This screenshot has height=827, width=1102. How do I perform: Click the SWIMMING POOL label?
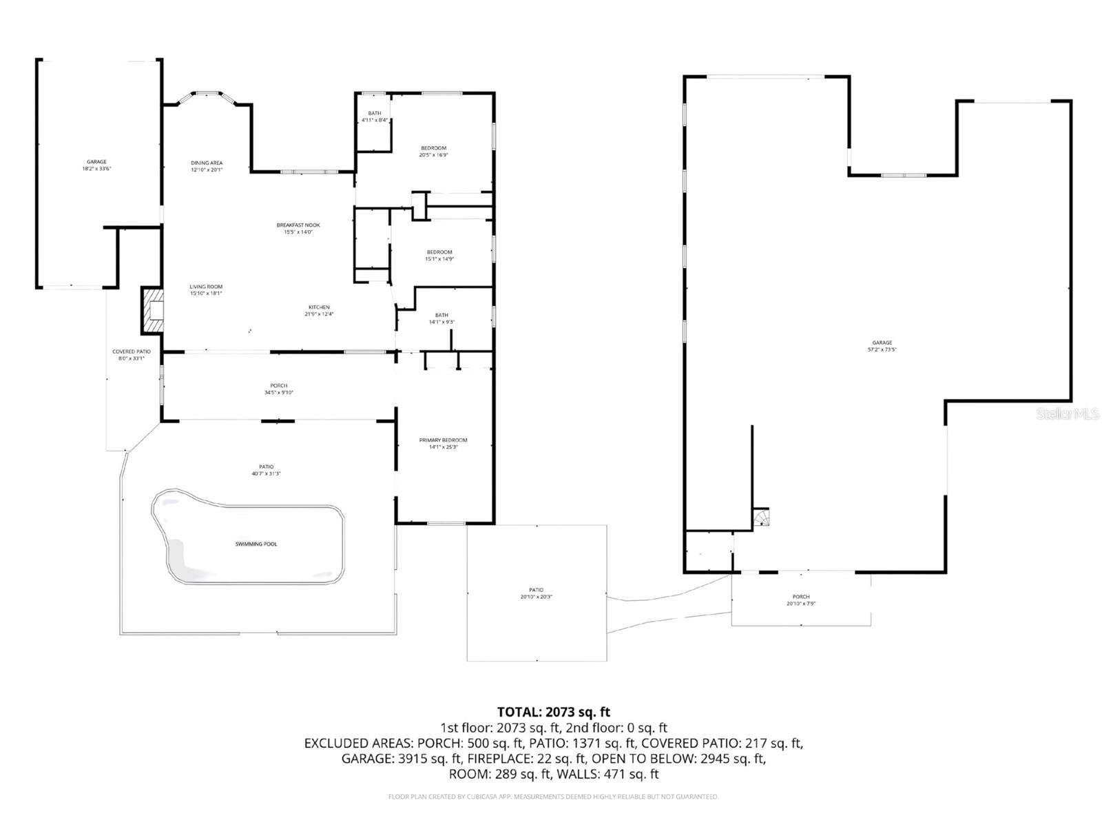(256, 544)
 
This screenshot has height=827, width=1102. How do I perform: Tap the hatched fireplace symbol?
(154, 311)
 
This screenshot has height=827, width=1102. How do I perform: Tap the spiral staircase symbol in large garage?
(760, 517)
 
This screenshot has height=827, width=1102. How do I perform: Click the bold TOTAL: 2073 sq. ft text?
(553, 712)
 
